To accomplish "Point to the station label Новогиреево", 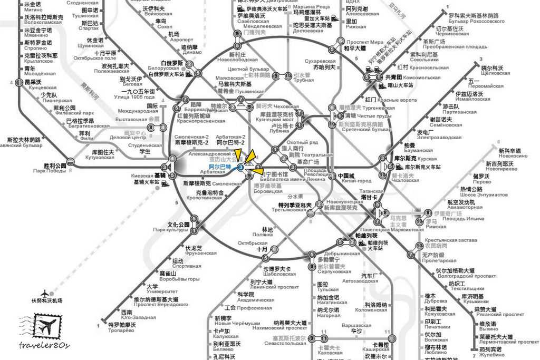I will [x=499, y=170].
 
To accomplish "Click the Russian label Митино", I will [x=33, y=9].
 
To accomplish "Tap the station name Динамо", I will [x=192, y=52].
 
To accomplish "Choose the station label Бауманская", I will [x=418, y=151].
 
